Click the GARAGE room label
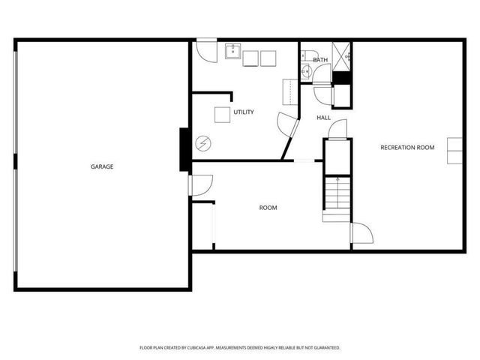pyautogui.click(x=102, y=166)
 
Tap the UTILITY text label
pyautogui.click(x=244, y=112)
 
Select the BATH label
pyautogui.click(x=320, y=60)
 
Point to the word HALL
pyautogui.click(x=323, y=118)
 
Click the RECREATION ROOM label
pyautogui.click(x=407, y=148)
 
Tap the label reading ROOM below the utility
pyautogui.click(x=268, y=208)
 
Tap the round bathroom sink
pyautogui.click(x=305, y=71)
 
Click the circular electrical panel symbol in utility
pyautogui.click(x=202, y=143)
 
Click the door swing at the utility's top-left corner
pyautogui.click(x=205, y=50)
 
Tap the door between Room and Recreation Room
pyautogui.click(x=361, y=233)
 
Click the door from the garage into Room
pyautogui.click(x=202, y=184)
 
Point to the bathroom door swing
pyautogui.click(x=322, y=73)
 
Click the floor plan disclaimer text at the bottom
pyautogui.click(x=240, y=348)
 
